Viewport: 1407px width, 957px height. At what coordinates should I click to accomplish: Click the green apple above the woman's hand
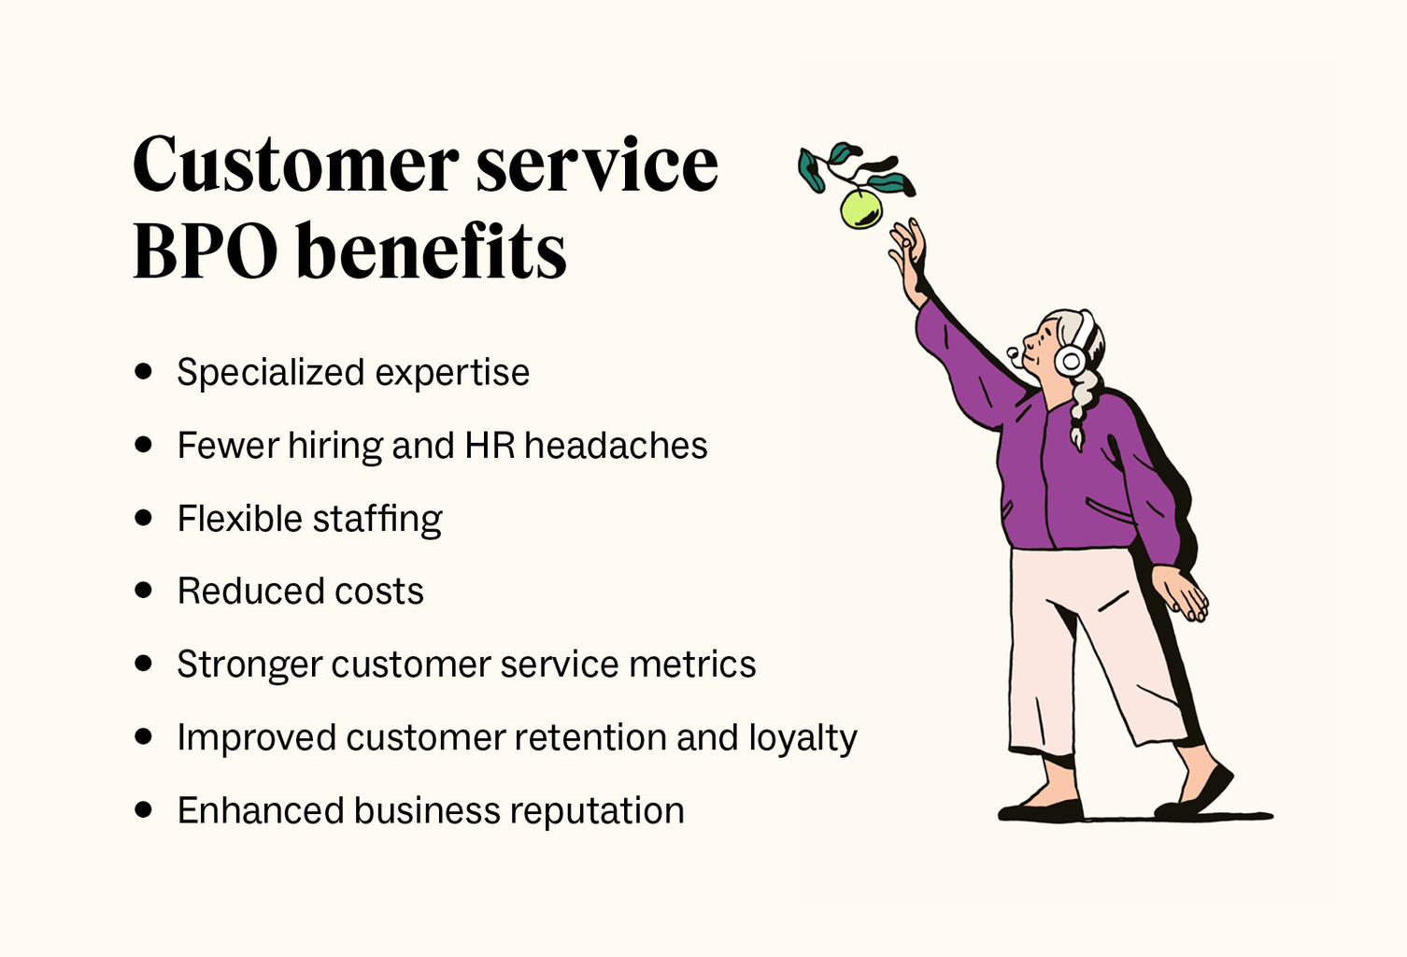(x=860, y=208)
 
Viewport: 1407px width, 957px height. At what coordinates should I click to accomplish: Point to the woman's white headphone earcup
(x=1070, y=360)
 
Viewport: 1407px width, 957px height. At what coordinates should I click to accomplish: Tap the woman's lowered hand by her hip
(x=1183, y=594)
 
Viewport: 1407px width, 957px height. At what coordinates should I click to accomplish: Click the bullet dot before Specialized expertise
(x=143, y=371)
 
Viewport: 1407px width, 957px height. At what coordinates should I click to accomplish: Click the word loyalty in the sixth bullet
(x=803, y=738)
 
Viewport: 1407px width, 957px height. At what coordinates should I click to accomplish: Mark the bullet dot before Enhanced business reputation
(x=143, y=809)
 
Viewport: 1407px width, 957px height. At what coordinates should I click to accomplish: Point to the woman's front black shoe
(x=1041, y=808)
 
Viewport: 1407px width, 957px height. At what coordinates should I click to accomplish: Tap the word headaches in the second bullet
(x=616, y=446)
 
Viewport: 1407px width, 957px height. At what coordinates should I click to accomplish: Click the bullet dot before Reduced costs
(x=143, y=590)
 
